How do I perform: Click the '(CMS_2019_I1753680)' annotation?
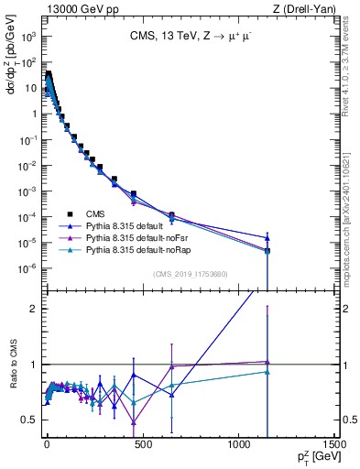pyautogui.click(x=191, y=273)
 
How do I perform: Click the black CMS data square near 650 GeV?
pyautogui.click(x=171, y=214)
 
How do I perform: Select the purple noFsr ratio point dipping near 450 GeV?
pyautogui.click(x=133, y=422)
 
